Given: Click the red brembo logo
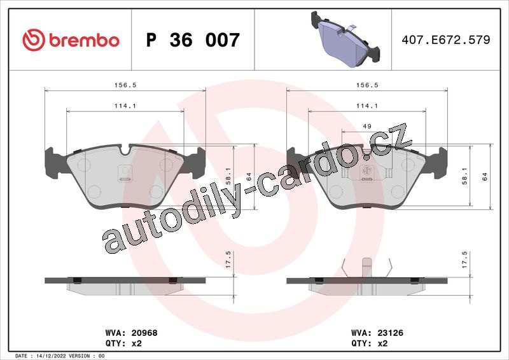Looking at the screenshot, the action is coord(71,40).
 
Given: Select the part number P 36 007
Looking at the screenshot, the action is coord(193,40).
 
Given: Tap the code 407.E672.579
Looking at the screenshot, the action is coord(446,39).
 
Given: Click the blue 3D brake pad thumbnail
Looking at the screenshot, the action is coord(345,39).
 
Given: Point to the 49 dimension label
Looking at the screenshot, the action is coord(367,126).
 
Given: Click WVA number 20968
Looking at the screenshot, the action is coord(144,333).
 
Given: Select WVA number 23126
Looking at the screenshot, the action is coord(390,333).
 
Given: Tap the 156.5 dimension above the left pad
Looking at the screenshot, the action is coord(125,85).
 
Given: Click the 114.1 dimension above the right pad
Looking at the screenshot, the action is coord(367,106).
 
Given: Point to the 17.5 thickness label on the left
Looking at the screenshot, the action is coord(228,260).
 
